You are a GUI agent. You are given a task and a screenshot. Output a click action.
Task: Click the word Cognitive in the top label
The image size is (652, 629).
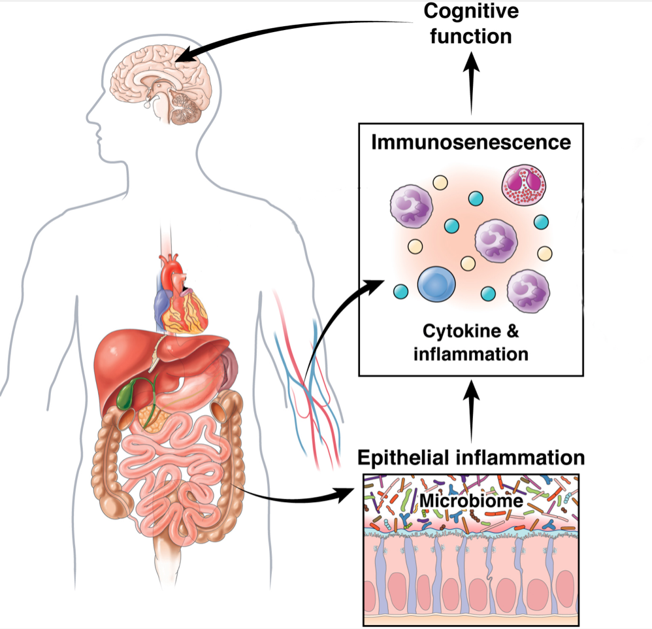(x=471, y=12)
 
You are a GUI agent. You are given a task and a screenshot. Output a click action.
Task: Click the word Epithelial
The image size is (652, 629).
(x=405, y=456)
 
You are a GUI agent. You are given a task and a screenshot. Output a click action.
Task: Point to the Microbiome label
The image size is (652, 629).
(x=463, y=501)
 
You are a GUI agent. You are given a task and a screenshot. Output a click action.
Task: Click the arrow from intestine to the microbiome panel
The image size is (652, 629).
(x=294, y=498)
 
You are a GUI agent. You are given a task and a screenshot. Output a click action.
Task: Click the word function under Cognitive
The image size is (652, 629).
(x=471, y=35)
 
